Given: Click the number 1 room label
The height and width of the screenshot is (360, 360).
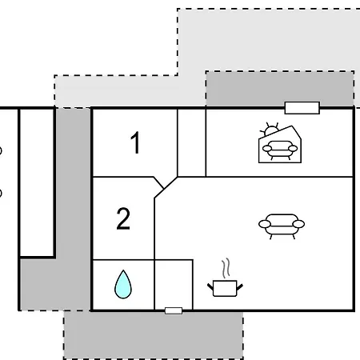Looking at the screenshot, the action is point(136,142).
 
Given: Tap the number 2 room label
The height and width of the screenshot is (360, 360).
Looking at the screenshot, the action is point(123,218).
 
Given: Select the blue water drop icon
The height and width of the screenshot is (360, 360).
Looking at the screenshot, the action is point(123,284).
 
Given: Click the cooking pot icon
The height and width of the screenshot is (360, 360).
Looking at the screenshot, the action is point(225,288).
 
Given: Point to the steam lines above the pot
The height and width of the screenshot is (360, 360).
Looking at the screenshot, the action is point(226,268).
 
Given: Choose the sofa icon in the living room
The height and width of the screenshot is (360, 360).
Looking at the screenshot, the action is point(282,226).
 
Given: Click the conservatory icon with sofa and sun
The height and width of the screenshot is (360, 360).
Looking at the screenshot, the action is point(280,143).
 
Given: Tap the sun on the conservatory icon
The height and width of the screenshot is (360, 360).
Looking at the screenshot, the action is point(270,130).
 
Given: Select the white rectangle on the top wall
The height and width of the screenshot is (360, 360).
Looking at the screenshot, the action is point(302,108).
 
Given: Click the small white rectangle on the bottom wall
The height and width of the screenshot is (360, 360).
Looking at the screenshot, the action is point(174,310).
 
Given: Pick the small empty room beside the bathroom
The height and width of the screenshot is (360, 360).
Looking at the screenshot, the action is point(174,284).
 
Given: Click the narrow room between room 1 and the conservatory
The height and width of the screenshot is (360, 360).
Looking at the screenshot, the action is point(192,142).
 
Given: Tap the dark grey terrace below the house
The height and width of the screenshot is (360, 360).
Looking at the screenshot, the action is point(154,335).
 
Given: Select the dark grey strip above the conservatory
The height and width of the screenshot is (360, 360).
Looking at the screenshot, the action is point(280,89).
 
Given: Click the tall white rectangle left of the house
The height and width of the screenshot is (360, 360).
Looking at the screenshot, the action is point(37,182).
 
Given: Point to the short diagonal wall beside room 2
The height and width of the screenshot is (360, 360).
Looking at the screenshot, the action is point(158,182).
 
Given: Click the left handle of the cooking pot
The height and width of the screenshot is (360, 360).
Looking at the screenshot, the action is point(210,287).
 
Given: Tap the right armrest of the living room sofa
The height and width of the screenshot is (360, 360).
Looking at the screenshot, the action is point(298,224).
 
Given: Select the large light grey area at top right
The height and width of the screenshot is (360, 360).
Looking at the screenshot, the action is point(268,40).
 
